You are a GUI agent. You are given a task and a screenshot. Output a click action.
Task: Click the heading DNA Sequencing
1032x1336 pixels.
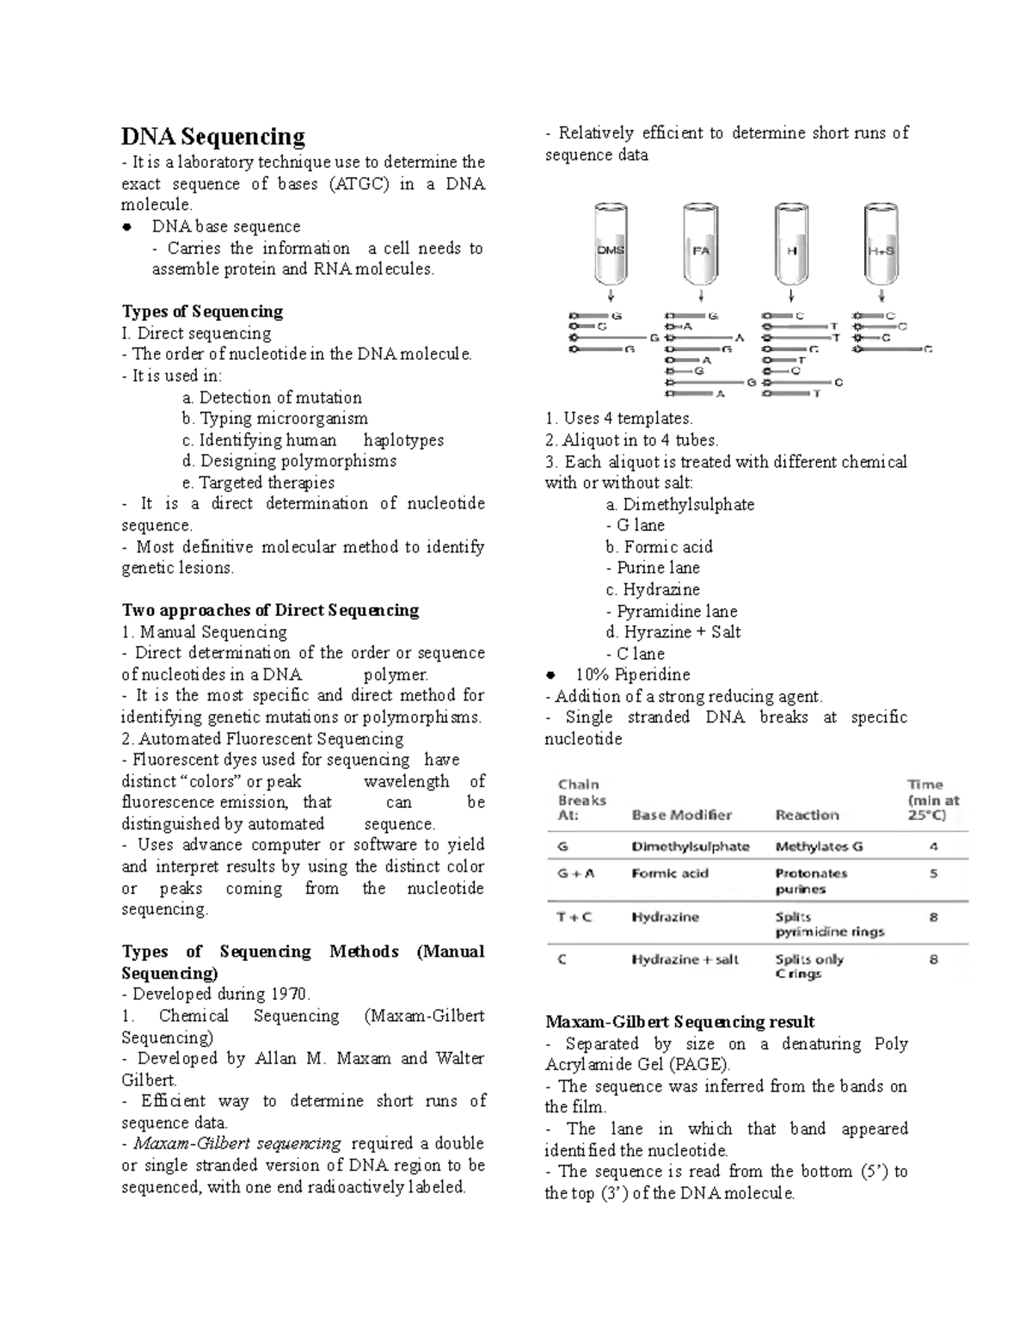[212, 137]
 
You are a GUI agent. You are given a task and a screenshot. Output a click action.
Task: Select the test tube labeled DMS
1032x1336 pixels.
[611, 248]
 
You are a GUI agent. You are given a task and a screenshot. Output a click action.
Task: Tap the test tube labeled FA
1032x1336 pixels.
[701, 248]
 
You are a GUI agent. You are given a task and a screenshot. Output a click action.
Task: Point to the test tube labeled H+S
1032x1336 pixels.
[881, 248]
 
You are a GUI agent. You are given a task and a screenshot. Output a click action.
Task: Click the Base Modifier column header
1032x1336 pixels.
[681, 815]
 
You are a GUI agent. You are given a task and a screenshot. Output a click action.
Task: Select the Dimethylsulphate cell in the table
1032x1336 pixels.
[690, 847]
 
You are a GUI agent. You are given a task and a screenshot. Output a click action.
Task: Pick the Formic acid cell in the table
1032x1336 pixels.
[670, 873]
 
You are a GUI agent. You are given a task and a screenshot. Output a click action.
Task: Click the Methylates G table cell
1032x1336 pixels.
[819, 847]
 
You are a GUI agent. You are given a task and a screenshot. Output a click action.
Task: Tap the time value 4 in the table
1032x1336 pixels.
[933, 847]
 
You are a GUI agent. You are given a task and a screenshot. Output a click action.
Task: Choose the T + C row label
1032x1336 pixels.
[574, 917]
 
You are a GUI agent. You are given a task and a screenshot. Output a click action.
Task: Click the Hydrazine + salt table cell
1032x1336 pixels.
[685, 959]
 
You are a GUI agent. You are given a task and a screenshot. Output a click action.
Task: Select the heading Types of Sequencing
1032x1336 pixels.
[202, 311]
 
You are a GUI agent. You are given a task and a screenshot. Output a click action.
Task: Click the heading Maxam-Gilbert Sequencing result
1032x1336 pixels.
[679, 1022]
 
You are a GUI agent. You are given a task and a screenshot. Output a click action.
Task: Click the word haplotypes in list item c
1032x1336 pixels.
[403, 440]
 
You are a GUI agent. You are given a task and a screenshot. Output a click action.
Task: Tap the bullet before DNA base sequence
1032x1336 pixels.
[127, 227]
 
